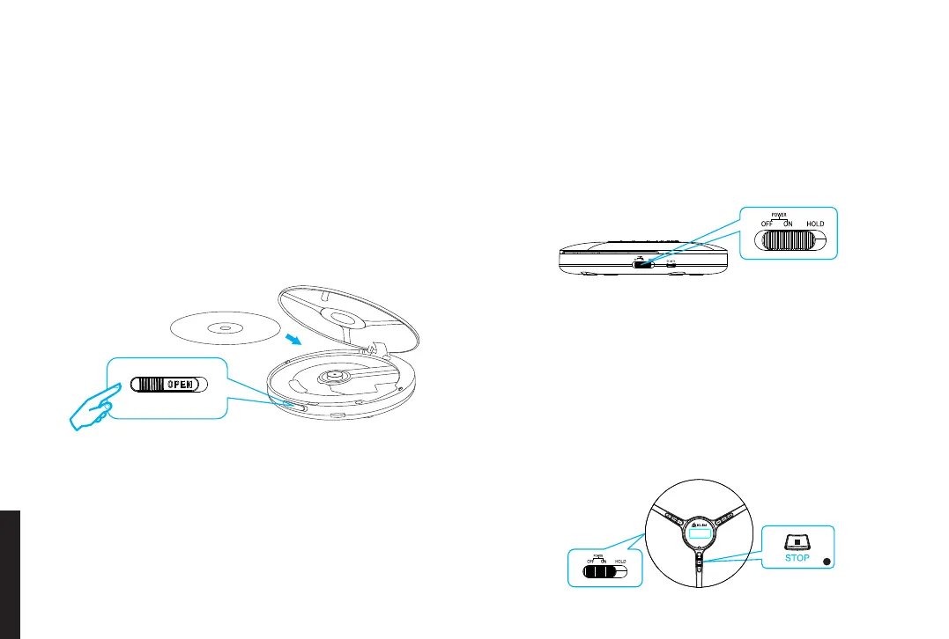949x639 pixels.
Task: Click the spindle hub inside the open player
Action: pos(338,374)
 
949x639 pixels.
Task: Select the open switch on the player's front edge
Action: pos(294,407)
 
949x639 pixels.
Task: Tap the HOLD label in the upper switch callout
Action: pos(814,224)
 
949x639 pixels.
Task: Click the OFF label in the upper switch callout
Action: pos(767,224)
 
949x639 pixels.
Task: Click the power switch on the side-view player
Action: pos(643,262)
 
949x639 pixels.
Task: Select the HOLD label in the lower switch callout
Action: pos(620,561)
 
